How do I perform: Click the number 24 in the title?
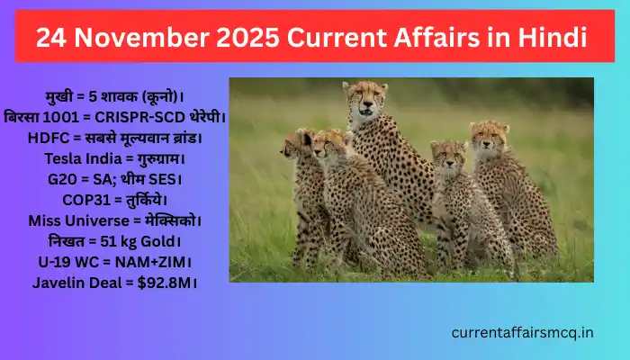[52, 37]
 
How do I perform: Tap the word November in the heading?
[139, 37]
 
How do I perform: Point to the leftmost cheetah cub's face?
[295, 146]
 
